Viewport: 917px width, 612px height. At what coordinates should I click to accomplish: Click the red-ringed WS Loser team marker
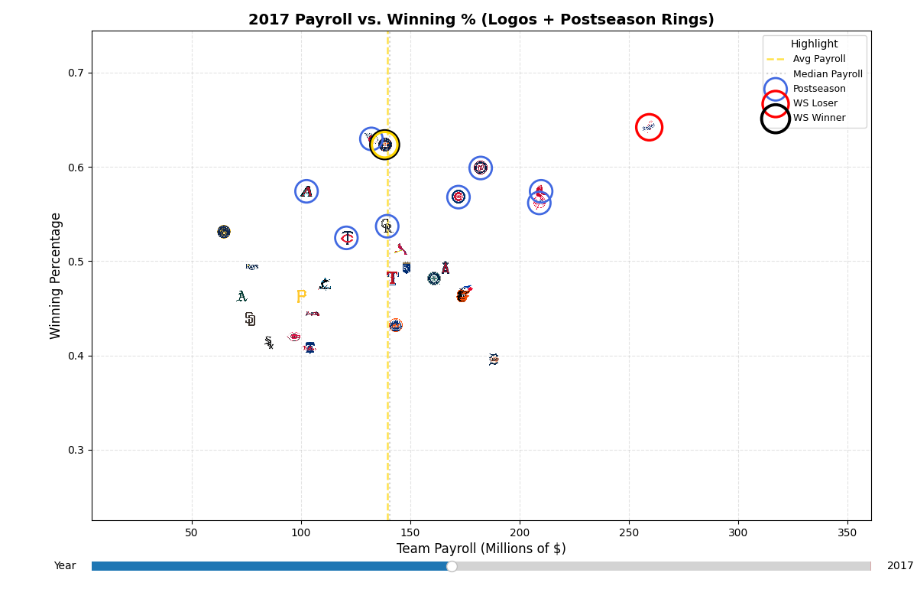coord(649,127)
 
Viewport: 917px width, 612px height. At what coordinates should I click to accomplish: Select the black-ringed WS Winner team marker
coord(384,144)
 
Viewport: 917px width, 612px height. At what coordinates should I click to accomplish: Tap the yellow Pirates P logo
coord(301,296)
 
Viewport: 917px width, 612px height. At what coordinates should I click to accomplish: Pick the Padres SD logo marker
coord(250,319)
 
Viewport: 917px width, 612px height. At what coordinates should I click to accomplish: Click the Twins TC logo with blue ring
coord(347,238)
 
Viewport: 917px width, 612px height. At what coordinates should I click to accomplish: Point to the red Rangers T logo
coord(392,278)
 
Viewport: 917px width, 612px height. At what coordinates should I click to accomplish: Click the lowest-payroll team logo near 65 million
coord(224,232)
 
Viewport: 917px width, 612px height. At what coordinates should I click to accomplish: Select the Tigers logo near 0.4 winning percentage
coord(494,360)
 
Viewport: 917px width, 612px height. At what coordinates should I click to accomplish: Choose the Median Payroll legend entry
coord(827,74)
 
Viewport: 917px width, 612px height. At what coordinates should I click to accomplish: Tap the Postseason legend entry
coord(818,89)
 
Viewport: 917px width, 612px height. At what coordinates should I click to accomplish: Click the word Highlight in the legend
coord(814,44)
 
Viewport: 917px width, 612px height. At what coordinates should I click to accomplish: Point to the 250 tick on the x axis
coord(629,532)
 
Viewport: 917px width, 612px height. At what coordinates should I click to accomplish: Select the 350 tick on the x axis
coord(847,532)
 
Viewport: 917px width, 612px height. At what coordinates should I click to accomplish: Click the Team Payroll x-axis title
coord(481,549)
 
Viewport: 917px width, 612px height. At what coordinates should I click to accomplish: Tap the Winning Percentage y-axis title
coord(56,275)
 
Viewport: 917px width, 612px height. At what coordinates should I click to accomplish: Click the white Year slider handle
coord(452,566)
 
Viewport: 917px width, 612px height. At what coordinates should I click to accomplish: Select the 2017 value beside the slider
coord(899,566)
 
